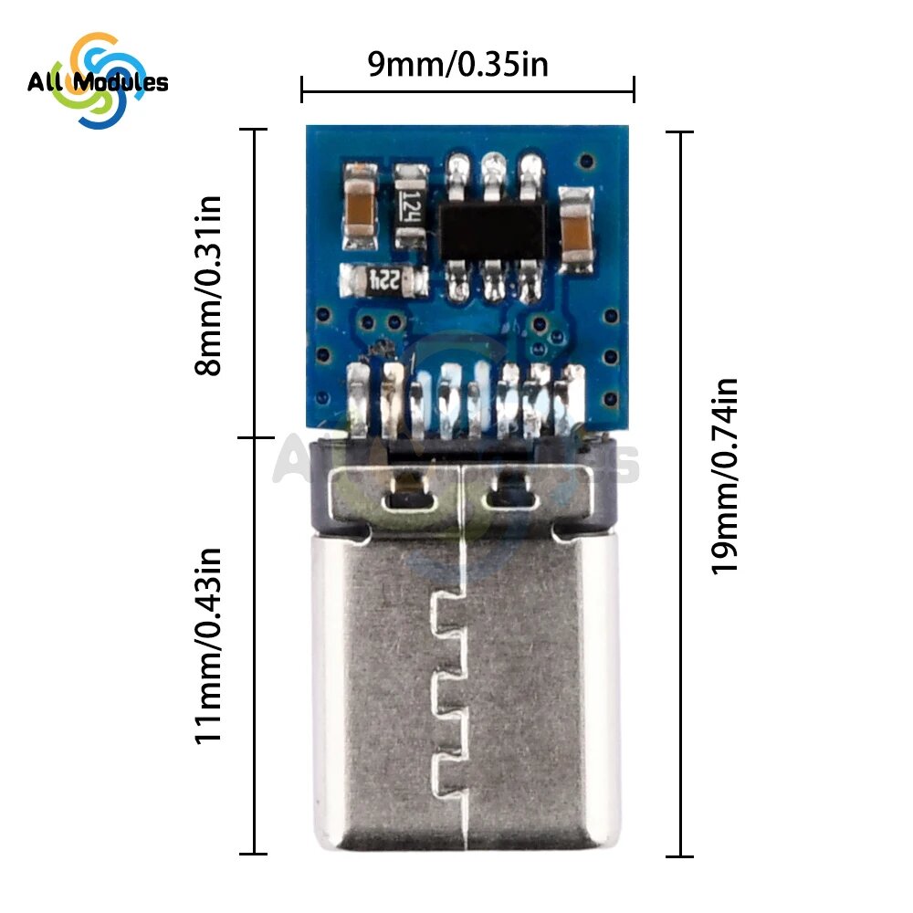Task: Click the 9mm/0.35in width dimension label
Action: (457, 64)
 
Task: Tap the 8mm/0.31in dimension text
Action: (208, 286)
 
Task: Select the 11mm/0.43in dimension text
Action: (208, 645)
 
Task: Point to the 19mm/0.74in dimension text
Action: (724, 477)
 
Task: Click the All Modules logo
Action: (98, 81)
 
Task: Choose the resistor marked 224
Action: (384, 280)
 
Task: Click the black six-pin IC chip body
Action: (493, 231)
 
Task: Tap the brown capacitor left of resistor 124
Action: (361, 206)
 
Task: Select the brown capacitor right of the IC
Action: (576, 230)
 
